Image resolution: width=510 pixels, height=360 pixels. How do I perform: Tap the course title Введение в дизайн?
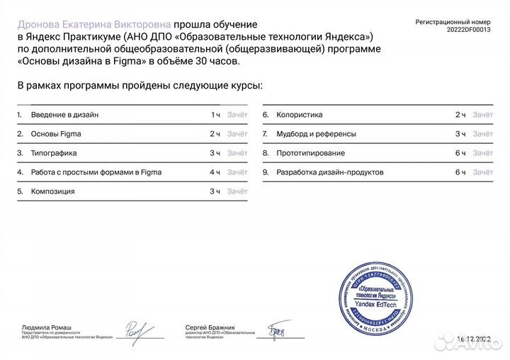[65, 115]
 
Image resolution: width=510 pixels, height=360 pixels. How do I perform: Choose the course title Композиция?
[53, 191]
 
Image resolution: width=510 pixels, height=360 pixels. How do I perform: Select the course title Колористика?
[300, 115]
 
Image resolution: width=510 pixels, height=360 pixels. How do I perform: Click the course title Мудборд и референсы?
[317, 134]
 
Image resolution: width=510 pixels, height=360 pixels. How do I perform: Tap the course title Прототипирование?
[311, 153]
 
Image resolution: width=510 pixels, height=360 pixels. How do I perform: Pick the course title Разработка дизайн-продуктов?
[330, 172]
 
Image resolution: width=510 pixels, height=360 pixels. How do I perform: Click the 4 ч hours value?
[215, 172]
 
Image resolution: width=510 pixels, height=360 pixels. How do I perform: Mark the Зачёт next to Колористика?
[483, 115]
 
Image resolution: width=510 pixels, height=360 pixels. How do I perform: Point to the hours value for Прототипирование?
[460, 153]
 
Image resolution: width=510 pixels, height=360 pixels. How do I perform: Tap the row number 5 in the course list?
[20, 191]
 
